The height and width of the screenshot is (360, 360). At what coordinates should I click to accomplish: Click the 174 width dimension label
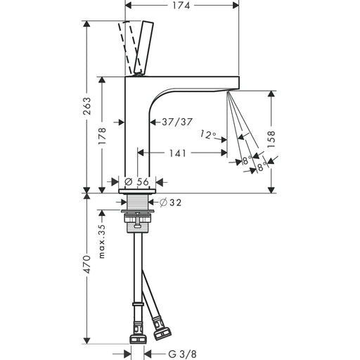pyautogui.click(x=181, y=6)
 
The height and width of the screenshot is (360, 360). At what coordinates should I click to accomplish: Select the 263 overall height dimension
pyautogui.click(x=87, y=105)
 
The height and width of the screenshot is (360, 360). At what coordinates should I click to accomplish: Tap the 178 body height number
pyautogui.click(x=102, y=136)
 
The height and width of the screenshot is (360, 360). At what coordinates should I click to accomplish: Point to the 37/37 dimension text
pyautogui.click(x=177, y=122)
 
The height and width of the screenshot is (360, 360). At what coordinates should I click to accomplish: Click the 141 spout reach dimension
pyautogui.click(x=177, y=153)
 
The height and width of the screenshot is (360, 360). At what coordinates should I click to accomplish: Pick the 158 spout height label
pyautogui.click(x=271, y=139)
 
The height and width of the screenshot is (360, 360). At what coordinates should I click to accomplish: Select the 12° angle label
pyautogui.click(x=208, y=135)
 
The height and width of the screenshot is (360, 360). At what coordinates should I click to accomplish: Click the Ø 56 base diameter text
pyautogui.click(x=136, y=181)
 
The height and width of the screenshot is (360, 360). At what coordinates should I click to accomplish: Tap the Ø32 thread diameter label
pyautogui.click(x=170, y=202)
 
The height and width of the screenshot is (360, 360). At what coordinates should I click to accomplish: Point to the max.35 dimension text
pyautogui.click(x=102, y=241)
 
